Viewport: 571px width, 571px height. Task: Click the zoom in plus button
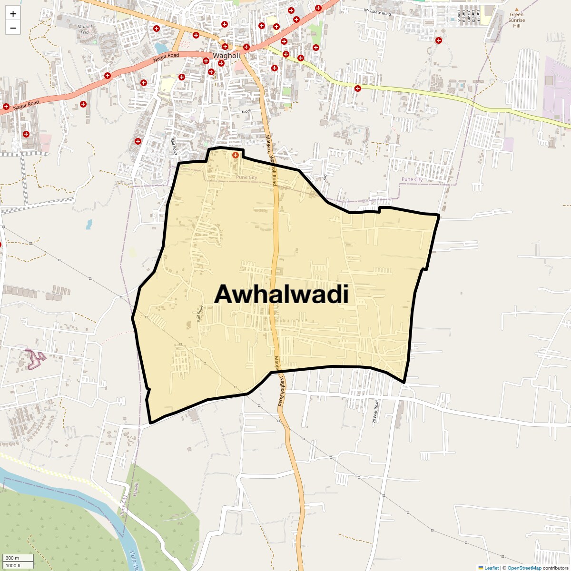coord(13,14)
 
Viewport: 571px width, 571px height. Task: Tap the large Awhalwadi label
coord(281,295)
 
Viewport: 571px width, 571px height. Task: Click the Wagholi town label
coord(226,56)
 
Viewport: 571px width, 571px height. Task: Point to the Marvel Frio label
coord(85,29)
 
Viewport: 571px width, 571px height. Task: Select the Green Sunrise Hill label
coord(516,20)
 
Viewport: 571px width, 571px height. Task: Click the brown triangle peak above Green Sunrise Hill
coord(517,9)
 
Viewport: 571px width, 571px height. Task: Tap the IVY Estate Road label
coord(377,12)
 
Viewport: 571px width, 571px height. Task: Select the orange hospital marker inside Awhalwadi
coord(235,155)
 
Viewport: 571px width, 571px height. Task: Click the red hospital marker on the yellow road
coord(357,88)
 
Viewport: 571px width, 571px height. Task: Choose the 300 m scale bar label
coord(12,558)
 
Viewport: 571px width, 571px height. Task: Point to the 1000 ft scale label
coord(13,565)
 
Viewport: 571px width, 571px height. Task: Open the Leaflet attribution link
coord(491,568)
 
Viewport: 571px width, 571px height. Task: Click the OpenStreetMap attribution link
coord(524,568)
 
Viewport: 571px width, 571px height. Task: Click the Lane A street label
coord(458,15)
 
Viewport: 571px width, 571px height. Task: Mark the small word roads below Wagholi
coord(246,111)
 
